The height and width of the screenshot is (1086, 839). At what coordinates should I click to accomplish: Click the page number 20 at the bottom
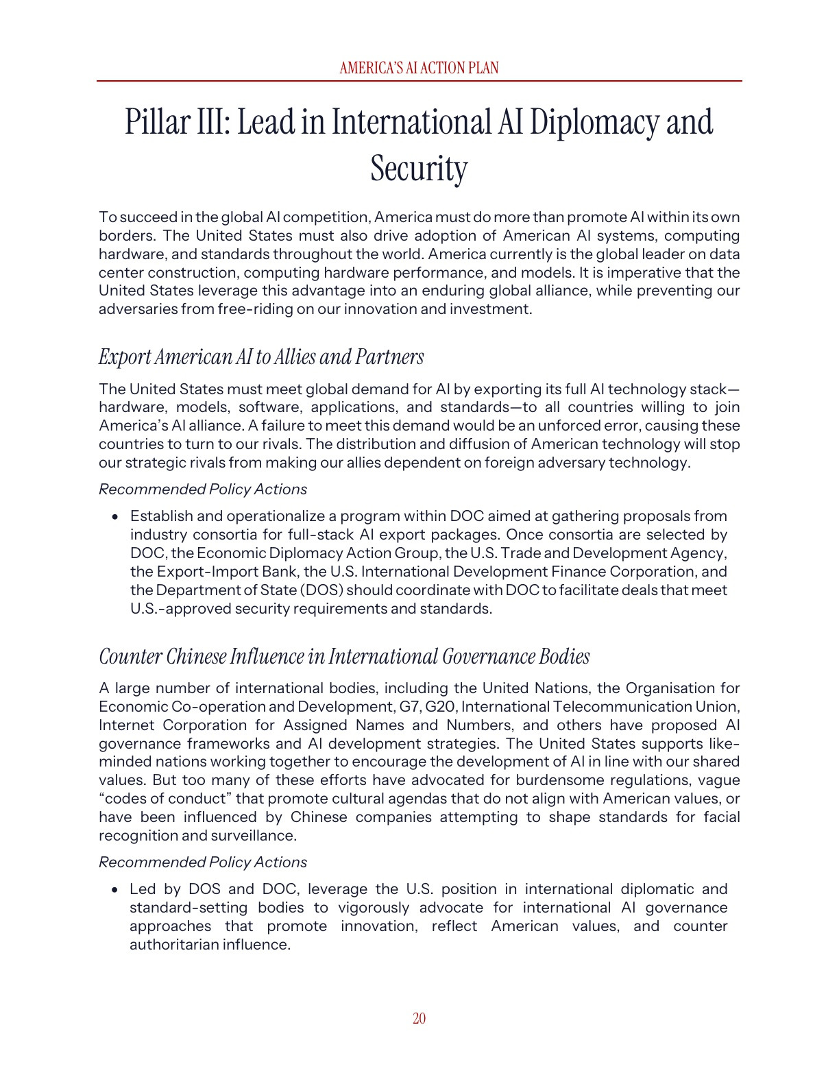click(419, 1019)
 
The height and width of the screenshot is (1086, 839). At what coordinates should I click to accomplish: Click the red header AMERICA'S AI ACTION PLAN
click(419, 68)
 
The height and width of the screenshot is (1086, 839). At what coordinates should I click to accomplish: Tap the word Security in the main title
click(419, 169)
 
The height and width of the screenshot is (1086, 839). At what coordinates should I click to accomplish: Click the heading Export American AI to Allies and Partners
click(261, 357)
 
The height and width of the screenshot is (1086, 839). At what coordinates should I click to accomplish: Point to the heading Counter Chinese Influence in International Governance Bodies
click(344, 657)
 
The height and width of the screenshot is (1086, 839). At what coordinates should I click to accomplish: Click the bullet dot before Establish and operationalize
click(115, 517)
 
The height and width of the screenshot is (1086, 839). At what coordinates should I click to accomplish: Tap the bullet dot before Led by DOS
click(115, 890)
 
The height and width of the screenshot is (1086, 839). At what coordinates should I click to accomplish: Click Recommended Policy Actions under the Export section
click(203, 490)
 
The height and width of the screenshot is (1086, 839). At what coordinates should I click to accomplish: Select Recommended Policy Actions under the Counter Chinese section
click(203, 862)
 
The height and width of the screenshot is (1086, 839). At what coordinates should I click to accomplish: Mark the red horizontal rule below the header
click(419, 81)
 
